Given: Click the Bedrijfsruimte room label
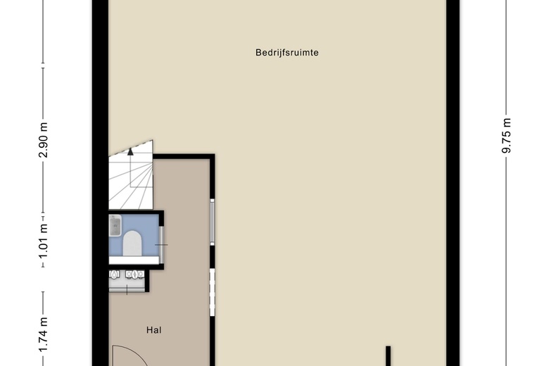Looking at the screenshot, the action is (x=286, y=53).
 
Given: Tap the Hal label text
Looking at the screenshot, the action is (x=154, y=330).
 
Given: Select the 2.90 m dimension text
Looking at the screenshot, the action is (x=43, y=140).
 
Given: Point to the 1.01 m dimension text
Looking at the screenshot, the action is (x=43, y=241).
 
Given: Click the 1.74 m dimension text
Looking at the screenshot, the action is (x=43, y=334).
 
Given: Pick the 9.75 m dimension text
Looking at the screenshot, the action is (x=506, y=136).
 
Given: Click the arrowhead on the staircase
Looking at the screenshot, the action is (x=130, y=151).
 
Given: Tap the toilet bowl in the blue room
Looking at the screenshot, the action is (x=132, y=243).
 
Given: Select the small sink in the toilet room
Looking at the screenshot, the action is (x=115, y=225).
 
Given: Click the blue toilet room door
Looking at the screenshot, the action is (x=161, y=245).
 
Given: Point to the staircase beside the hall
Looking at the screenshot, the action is (x=131, y=175).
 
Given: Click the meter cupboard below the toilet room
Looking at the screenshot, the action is (x=127, y=281).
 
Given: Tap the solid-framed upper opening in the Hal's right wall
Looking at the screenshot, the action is (x=212, y=222).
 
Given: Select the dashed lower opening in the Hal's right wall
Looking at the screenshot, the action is (x=212, y=292).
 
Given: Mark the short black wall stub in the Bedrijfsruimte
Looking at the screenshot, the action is (x=388, y=356).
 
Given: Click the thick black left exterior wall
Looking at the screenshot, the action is (x=101, y=183).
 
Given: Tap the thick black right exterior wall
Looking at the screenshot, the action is (x=453, y=183).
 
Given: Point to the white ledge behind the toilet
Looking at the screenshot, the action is (x=134, y=260).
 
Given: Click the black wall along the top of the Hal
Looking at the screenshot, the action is (x=184, y=156).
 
